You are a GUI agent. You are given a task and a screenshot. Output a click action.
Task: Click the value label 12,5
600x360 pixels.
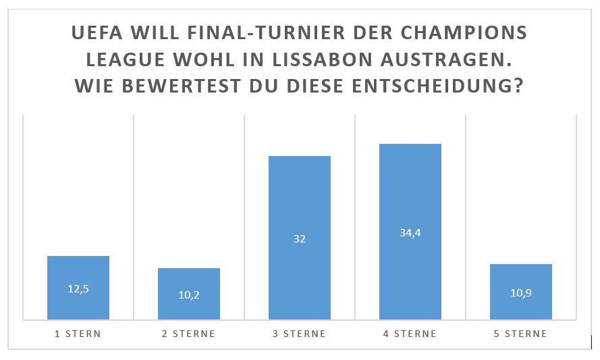[78, 288]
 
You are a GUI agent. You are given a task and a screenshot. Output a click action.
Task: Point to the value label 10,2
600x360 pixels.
[189, 294]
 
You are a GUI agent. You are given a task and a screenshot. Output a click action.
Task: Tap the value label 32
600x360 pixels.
[300, 238]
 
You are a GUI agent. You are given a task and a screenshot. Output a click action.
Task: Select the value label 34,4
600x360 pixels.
[410, 232]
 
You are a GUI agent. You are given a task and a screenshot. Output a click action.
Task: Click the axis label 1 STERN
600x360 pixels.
[78, 334]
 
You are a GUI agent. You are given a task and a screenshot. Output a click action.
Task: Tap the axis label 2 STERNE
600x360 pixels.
[189, 334]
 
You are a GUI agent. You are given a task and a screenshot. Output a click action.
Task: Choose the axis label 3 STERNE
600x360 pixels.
[300, 334]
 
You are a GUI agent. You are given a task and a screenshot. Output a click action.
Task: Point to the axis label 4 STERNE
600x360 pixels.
[410, 334]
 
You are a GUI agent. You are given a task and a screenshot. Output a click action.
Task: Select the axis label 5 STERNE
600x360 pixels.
[521, 334]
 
